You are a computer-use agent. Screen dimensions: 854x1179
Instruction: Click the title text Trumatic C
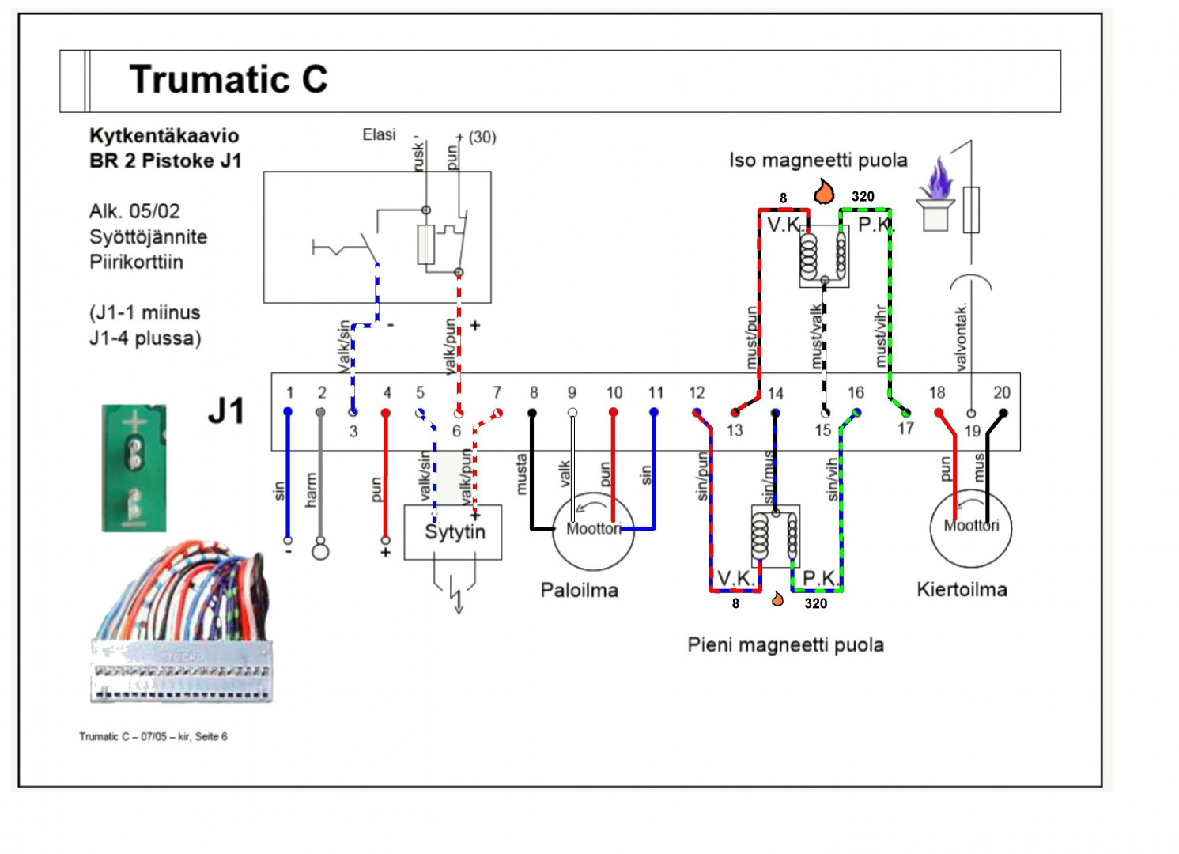(228, 79)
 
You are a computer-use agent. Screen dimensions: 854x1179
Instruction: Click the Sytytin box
(453, 532)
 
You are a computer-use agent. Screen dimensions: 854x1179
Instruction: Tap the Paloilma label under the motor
(579, 590)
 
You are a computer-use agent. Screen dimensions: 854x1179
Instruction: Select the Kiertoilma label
(962, 589)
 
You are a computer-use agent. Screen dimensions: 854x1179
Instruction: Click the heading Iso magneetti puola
(818, 161)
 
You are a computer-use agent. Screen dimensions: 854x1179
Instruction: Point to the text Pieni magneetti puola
(785, 644)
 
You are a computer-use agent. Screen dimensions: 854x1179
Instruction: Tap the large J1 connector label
(226, 411)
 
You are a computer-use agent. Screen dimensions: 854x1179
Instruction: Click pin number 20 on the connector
(1001, 392)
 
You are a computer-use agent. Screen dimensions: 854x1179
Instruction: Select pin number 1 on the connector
(289, 392)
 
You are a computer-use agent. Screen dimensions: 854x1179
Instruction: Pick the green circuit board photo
(134, 467)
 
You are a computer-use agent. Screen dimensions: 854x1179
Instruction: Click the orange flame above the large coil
(824, 191)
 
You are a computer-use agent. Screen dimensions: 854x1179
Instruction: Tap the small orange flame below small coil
(777, 599)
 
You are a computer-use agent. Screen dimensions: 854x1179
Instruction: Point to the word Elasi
(379, 134)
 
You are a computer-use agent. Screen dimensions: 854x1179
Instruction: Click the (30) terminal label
(482, 137)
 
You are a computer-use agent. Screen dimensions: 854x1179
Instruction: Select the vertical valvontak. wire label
(962, 337)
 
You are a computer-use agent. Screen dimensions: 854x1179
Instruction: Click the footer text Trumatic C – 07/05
(153, 736)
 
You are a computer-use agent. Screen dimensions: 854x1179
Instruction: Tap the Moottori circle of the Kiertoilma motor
(971, 526)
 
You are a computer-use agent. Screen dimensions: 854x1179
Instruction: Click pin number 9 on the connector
(572, 392)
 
